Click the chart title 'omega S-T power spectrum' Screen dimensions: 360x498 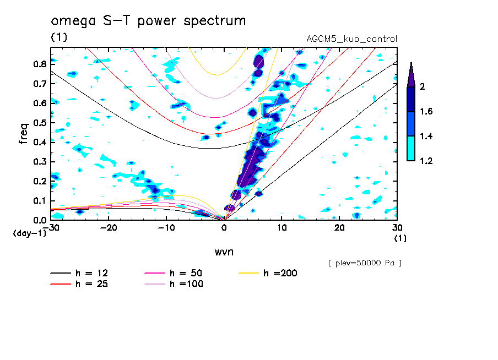coord(148,21)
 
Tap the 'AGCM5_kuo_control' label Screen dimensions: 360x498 coord(351,39)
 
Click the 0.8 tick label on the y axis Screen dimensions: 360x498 coord(39,64)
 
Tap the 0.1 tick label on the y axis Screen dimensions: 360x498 coord(39,201)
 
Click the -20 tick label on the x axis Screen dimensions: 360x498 coord(109,228)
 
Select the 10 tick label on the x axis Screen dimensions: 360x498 coord(282,228)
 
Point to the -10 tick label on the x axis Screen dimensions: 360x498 coord(166,228)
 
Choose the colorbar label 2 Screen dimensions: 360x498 coord(423,86)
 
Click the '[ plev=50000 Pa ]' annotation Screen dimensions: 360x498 coord(365,263)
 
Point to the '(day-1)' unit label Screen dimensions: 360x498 coord(29,233)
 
